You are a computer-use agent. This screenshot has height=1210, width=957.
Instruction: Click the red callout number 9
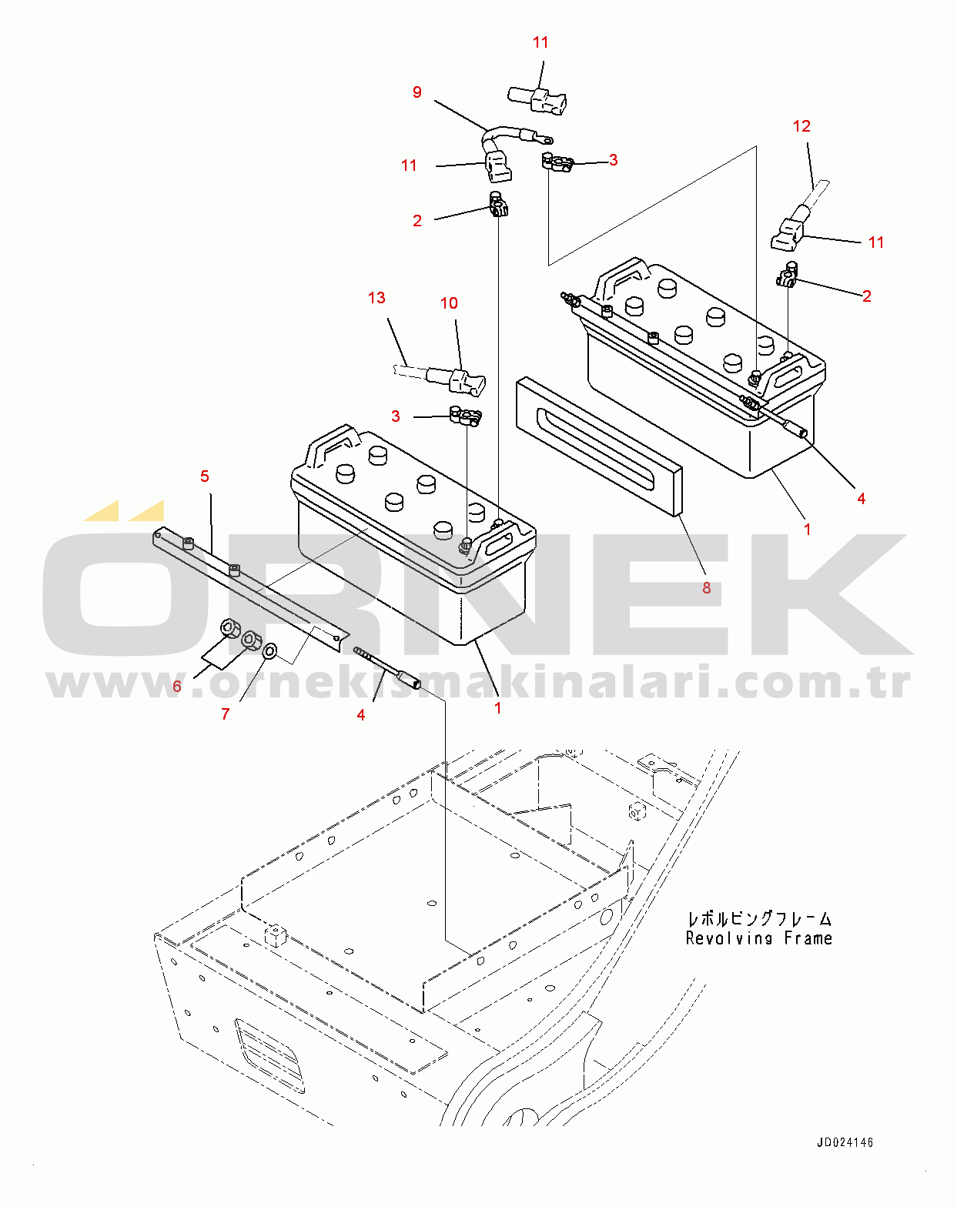coord(417,92)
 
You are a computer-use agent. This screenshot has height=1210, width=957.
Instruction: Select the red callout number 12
coord(801,126)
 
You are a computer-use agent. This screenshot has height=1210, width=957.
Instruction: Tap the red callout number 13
coord(376,297)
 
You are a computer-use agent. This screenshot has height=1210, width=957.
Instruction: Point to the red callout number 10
coord(449,303)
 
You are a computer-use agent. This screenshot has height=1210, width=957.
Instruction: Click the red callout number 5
coord(205,476)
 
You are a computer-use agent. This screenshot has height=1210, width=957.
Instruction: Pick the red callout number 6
coord(177,686)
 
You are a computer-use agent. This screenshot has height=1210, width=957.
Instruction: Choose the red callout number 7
coord(225,714)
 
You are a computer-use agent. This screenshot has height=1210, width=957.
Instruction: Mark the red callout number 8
coord(707,587)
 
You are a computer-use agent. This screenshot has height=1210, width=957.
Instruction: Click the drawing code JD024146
coord(845,1142)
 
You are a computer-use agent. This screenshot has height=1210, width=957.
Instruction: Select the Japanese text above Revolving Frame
coord(760,919)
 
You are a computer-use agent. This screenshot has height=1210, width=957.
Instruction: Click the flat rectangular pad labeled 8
coord(599,447)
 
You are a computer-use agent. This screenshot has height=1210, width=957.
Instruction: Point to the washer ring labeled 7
coord(270,652)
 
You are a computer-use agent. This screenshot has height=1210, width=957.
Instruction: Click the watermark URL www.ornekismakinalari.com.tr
coord(478,683)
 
